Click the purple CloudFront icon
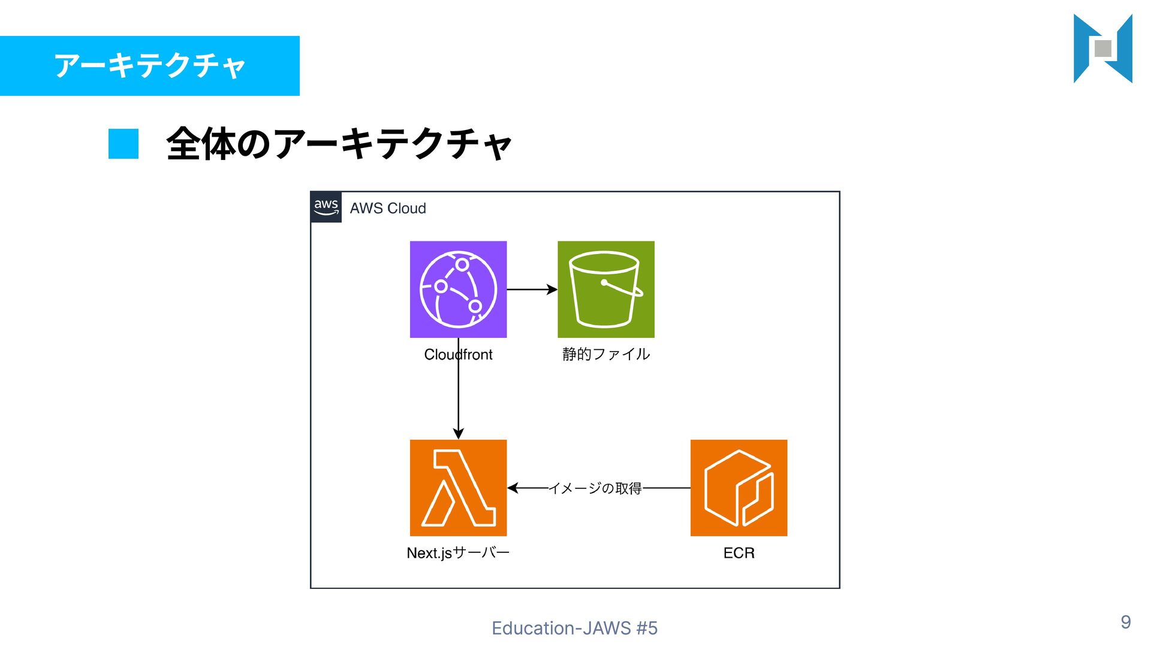point(458,289)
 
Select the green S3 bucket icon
point(605,289)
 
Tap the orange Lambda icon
point(458,488)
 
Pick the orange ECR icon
point(739,488)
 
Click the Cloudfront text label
point(458,355)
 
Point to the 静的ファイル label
point(605,354)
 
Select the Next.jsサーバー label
point(458,552)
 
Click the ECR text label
point(739,552)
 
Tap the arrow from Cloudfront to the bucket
point(532,289)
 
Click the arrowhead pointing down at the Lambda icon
point(458,434)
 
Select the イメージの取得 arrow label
point(595,488)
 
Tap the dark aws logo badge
point(326,207)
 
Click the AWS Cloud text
point(388,208)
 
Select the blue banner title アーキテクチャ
point(150,65)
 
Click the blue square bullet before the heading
point(123,144)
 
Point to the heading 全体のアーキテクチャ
point(339,144)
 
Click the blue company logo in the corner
point(1102,49)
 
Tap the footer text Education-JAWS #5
point(574,628)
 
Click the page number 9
point(1126,622)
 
